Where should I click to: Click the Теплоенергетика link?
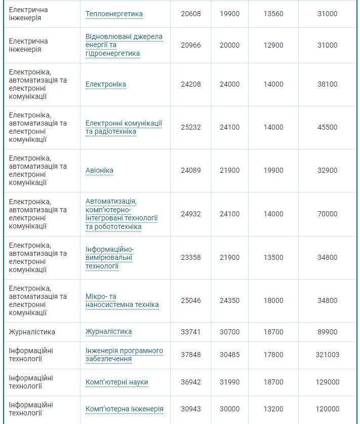click(114, 14)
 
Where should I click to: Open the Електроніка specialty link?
click(106, 84)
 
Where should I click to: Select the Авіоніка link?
click(99, 170)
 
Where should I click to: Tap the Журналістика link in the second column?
click(108, 332)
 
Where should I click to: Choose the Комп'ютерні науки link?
click(117, 382)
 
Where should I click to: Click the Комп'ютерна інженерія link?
click(125, 409)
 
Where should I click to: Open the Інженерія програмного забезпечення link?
click(124, 355)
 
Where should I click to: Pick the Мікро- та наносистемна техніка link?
click(122, 300)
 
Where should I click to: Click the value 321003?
click(327, 355)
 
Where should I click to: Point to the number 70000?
click(327, 214)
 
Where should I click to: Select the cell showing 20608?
click(191, 14)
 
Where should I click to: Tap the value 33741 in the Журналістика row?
click(191, 332)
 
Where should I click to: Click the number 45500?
click(327, 127)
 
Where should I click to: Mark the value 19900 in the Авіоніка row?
click(273, 170)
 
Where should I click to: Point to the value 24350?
click(230, 300)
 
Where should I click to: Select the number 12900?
click(273, 45)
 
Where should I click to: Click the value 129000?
click(327, 382)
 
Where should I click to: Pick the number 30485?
click(230, 355)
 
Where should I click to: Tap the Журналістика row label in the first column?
click(32, 332)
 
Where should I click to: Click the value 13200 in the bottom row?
click(273, 409)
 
